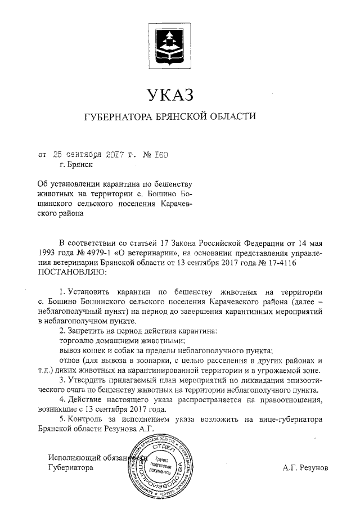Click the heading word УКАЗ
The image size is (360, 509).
coord(170,94)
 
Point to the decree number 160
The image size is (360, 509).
coord(161,154)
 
